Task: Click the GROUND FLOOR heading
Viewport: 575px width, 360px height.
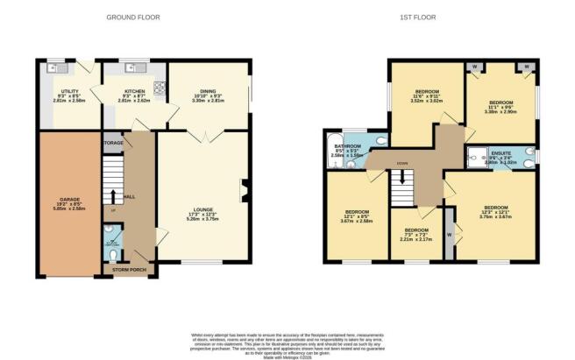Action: (132, 17)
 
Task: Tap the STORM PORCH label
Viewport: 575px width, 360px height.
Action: (128, 271)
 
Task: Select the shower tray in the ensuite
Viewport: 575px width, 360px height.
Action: (478, 158)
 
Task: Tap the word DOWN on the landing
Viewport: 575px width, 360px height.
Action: (402, 164)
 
